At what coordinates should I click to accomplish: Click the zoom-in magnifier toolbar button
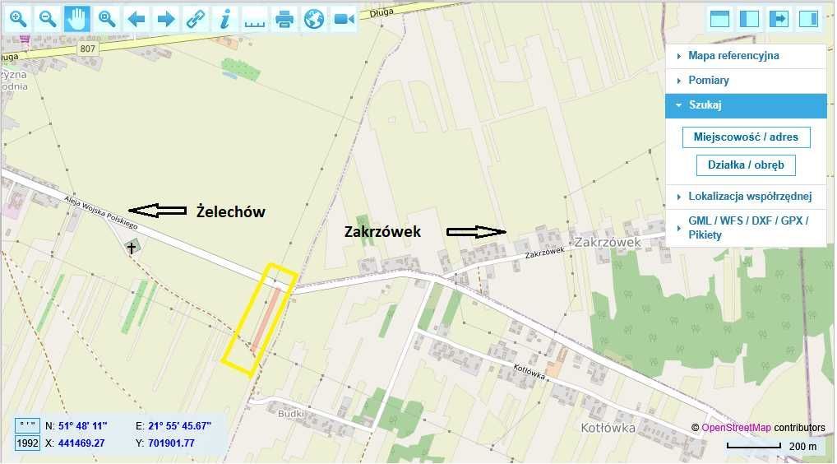(x=18, y=18)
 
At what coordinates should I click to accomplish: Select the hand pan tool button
(x=77, y=18)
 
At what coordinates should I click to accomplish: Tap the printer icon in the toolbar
(x=284, y=18)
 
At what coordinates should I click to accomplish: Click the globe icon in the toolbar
(x=314, y=18)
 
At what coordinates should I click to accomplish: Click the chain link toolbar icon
(x=196, y=18)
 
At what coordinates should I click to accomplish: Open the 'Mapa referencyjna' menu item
(x=733, y=56)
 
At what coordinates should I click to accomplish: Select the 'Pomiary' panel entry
(x=708, y=81)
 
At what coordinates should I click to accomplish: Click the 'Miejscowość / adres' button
(x=746, y=137)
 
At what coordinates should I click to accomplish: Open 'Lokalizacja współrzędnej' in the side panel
(x=749, y=196)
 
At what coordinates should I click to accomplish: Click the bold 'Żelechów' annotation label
(x=231, y=211)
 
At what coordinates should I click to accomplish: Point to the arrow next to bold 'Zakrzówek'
(x=476, y=232)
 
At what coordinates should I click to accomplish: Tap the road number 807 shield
(x=88, y=49)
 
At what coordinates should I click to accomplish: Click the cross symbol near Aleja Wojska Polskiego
(x=131, y=247)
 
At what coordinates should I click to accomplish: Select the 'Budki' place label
(x=292, y=414)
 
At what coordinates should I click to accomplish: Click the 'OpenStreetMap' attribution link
(x=736, y=428)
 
